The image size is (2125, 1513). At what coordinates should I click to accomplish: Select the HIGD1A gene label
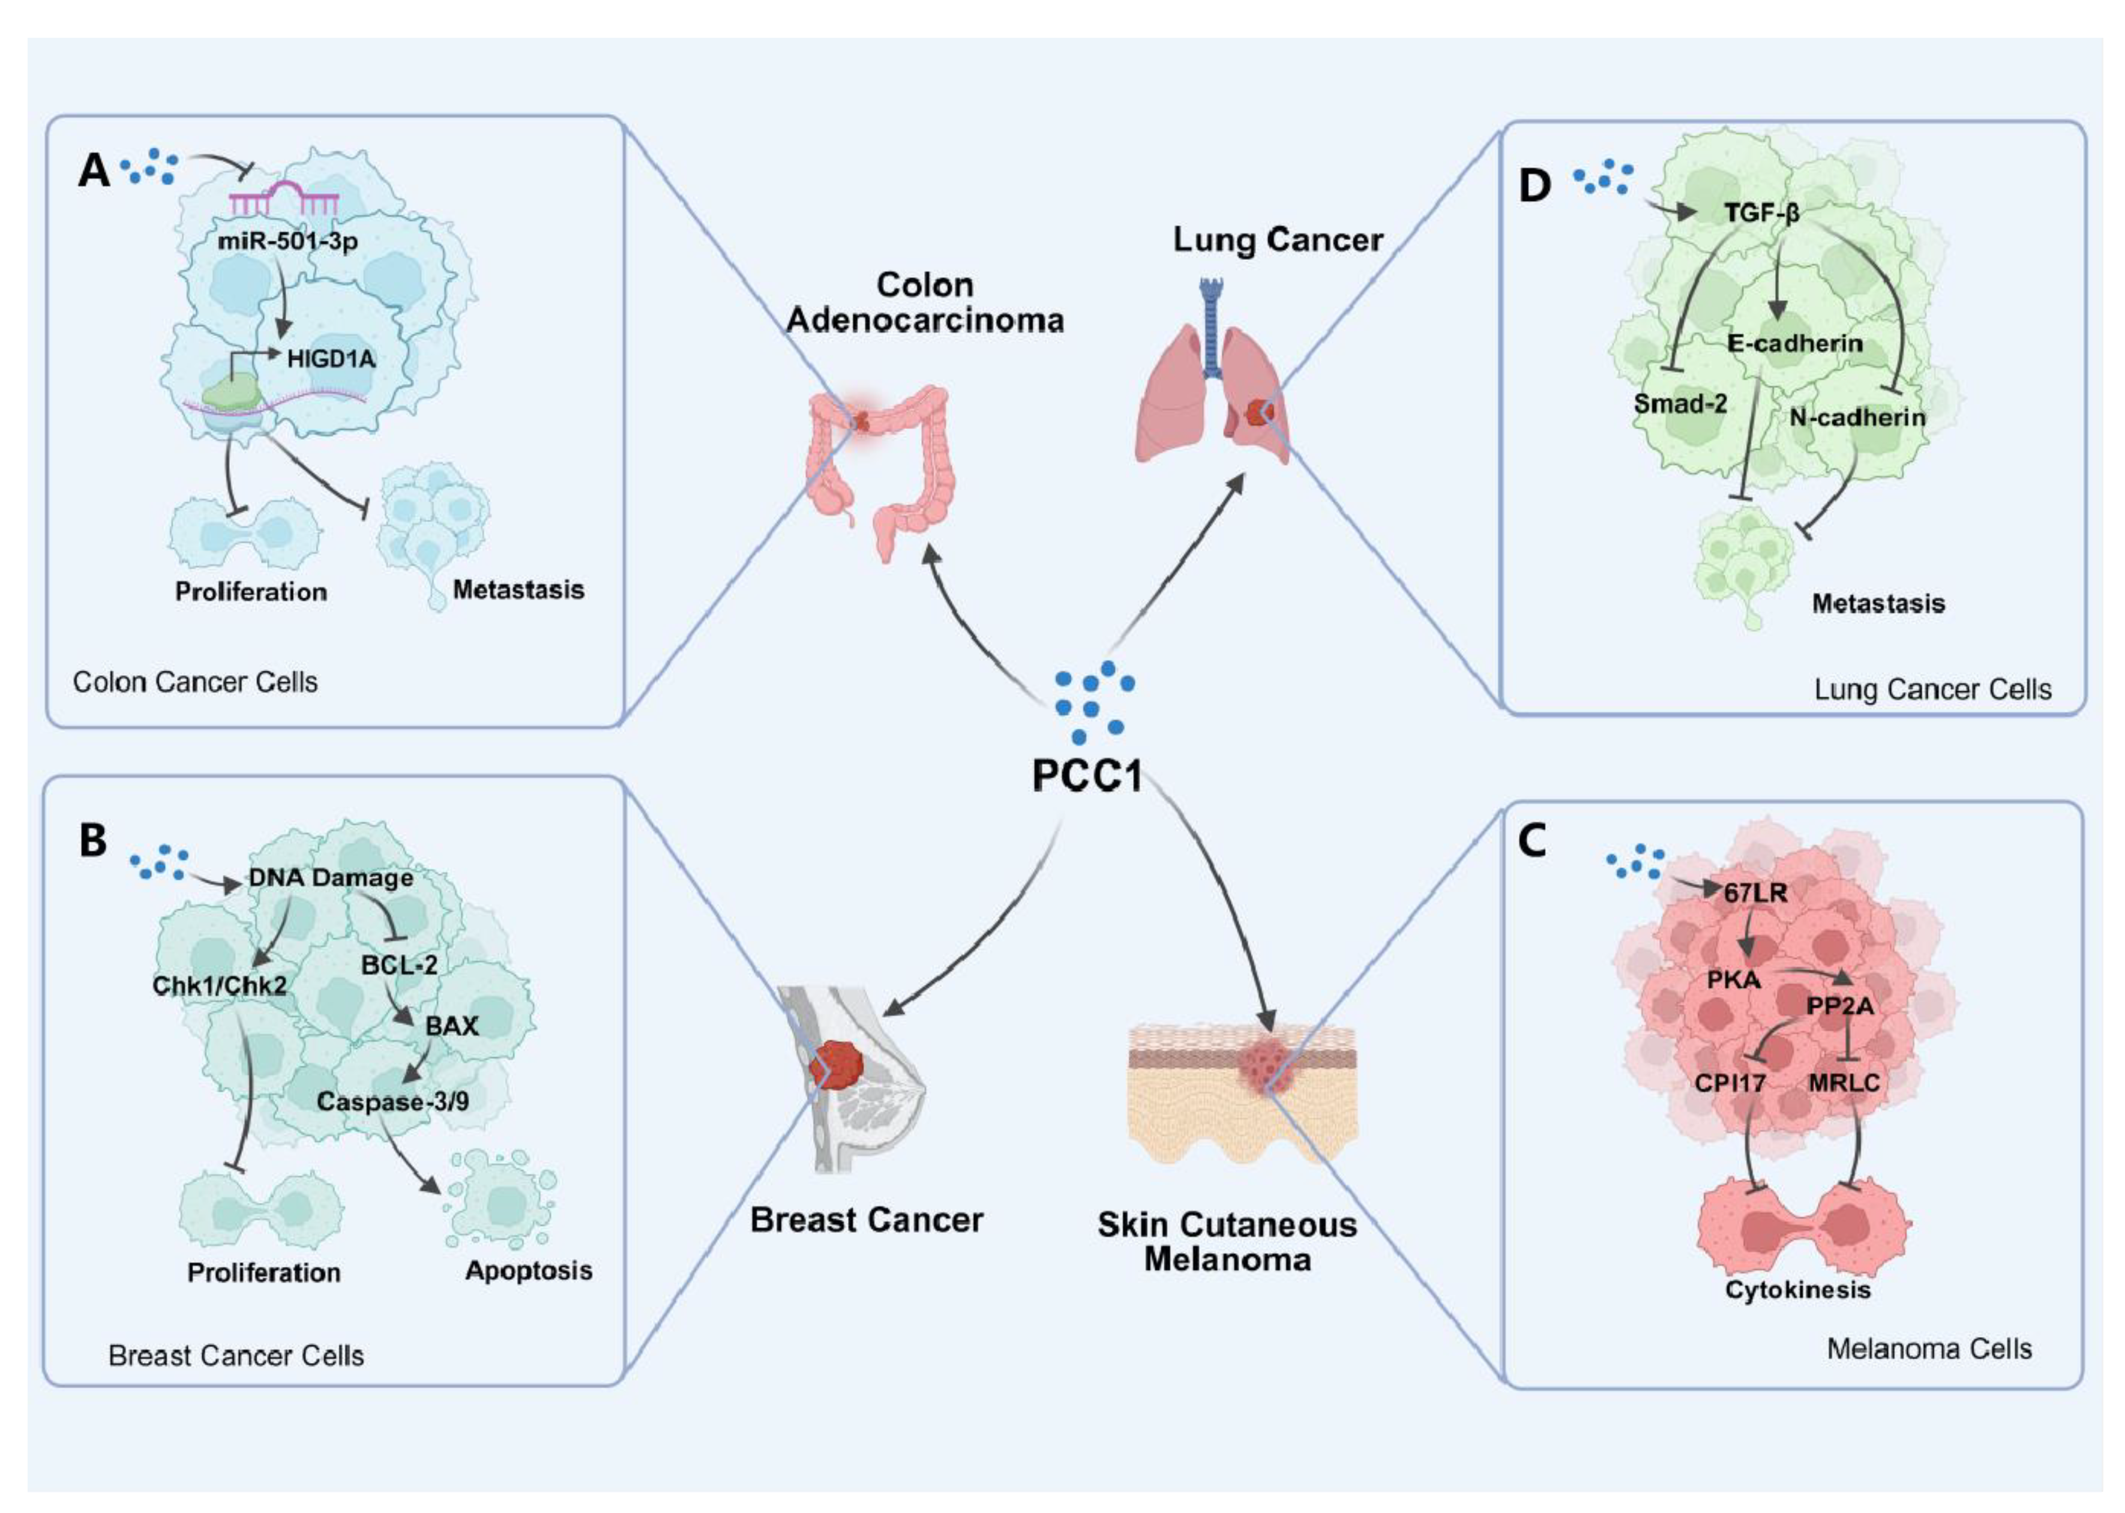[331, 359]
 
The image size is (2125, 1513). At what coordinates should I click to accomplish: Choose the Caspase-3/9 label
[392, 1101]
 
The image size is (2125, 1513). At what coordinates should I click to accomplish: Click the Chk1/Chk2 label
[219, 985]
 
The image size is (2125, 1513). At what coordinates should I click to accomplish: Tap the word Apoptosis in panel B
[528, 1271]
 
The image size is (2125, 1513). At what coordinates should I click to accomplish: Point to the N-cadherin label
[1857, 417]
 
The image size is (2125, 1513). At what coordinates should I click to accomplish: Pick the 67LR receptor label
[1755, 894]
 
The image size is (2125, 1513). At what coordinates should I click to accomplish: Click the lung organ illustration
[1211, 382]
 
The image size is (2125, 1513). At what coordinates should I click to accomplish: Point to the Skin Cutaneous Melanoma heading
[1226, 1242]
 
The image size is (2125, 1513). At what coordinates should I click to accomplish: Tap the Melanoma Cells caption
[1928, 1349]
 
